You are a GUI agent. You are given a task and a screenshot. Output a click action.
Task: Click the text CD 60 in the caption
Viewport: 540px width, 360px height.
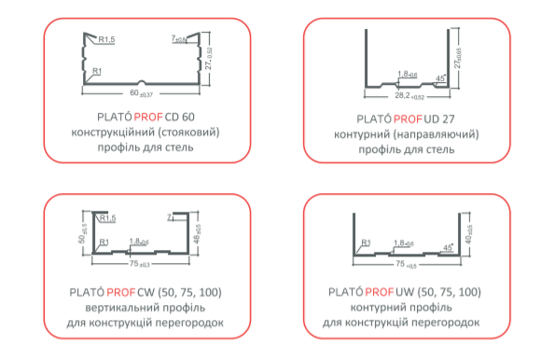coord(184,117)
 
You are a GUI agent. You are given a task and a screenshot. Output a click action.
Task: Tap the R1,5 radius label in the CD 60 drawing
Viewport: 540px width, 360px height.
coord(106,40)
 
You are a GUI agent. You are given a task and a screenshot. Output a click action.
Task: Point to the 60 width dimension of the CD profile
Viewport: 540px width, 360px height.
coord(137,94)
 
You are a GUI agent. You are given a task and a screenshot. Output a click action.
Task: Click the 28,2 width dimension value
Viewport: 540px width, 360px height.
coord(401,95)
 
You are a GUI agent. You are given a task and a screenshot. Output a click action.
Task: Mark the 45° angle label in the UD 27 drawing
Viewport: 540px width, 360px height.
coord(439,77)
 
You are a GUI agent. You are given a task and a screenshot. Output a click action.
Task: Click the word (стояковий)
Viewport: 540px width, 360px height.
coord(190,132)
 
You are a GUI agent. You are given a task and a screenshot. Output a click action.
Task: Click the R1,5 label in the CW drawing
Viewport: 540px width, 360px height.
coord(105,217)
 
